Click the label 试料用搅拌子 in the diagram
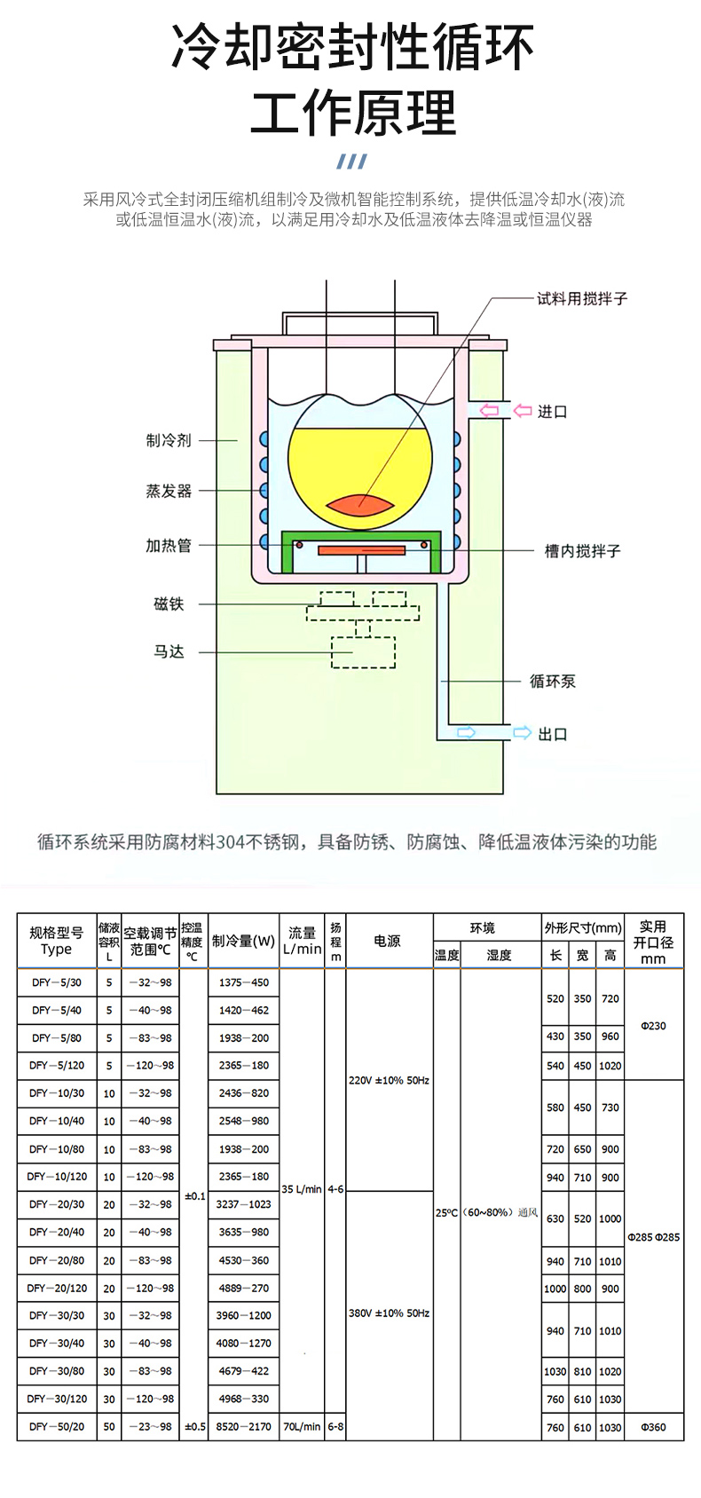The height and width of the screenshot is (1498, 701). click(x=582, y=299)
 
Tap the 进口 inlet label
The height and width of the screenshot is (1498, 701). click(x=552, y=412)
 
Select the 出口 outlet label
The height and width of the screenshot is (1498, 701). click(x=552, y=734)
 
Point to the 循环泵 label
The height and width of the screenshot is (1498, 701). click(x=552, y=682)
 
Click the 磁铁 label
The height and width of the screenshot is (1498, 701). click(x=169, y=604)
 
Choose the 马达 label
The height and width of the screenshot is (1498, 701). click(x=169, y=652)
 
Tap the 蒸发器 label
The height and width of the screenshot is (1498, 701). click(x=169, y=491)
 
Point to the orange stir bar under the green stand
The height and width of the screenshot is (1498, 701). click(x=361, y=551)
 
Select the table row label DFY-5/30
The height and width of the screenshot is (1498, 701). click(x=57, y=982)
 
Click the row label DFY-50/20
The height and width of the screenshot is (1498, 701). click(x=57, y=1427)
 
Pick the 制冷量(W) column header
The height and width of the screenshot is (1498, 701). click(x=243, y=941)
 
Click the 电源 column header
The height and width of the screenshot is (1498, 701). click(x=388, y=941)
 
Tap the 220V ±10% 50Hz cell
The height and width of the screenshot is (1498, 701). click(x=389, y=1080)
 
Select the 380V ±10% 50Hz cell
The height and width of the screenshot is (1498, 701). click(x=389, y=1313)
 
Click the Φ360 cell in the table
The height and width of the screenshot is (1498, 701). click(x=653, y=1427)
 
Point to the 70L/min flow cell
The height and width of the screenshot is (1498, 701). click(x=302, y=1427)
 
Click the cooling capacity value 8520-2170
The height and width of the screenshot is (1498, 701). click(x=243, y=1427)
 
